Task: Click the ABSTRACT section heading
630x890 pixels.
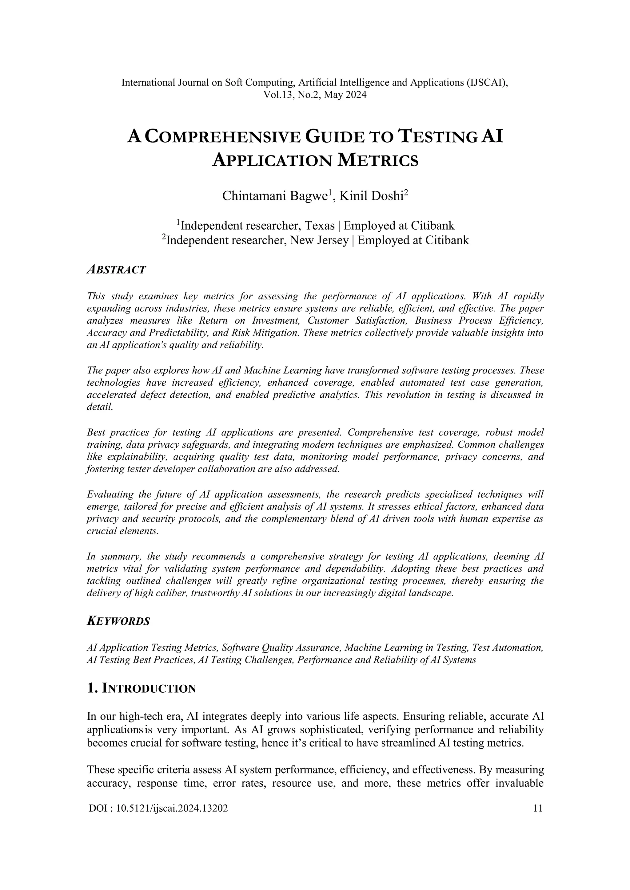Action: (116, 270)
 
